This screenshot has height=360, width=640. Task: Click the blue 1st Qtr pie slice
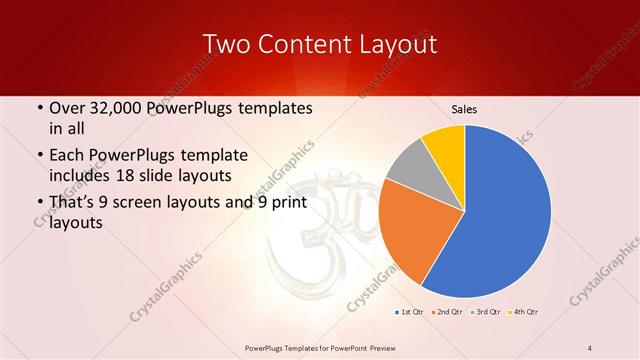pyautogui.click(x=510, y=210)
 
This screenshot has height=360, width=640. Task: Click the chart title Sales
pyautogui.click(x=463, y=107)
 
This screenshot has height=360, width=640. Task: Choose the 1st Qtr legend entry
pyautogui.click(x=410, y=313)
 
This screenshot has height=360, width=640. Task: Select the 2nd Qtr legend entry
pyautogui.click(x=446, y=313)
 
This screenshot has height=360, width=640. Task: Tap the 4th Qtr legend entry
pyautogui.click(x=523, y=313)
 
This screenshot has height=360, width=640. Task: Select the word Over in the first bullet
pyautogui.click(x=67, y=107)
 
